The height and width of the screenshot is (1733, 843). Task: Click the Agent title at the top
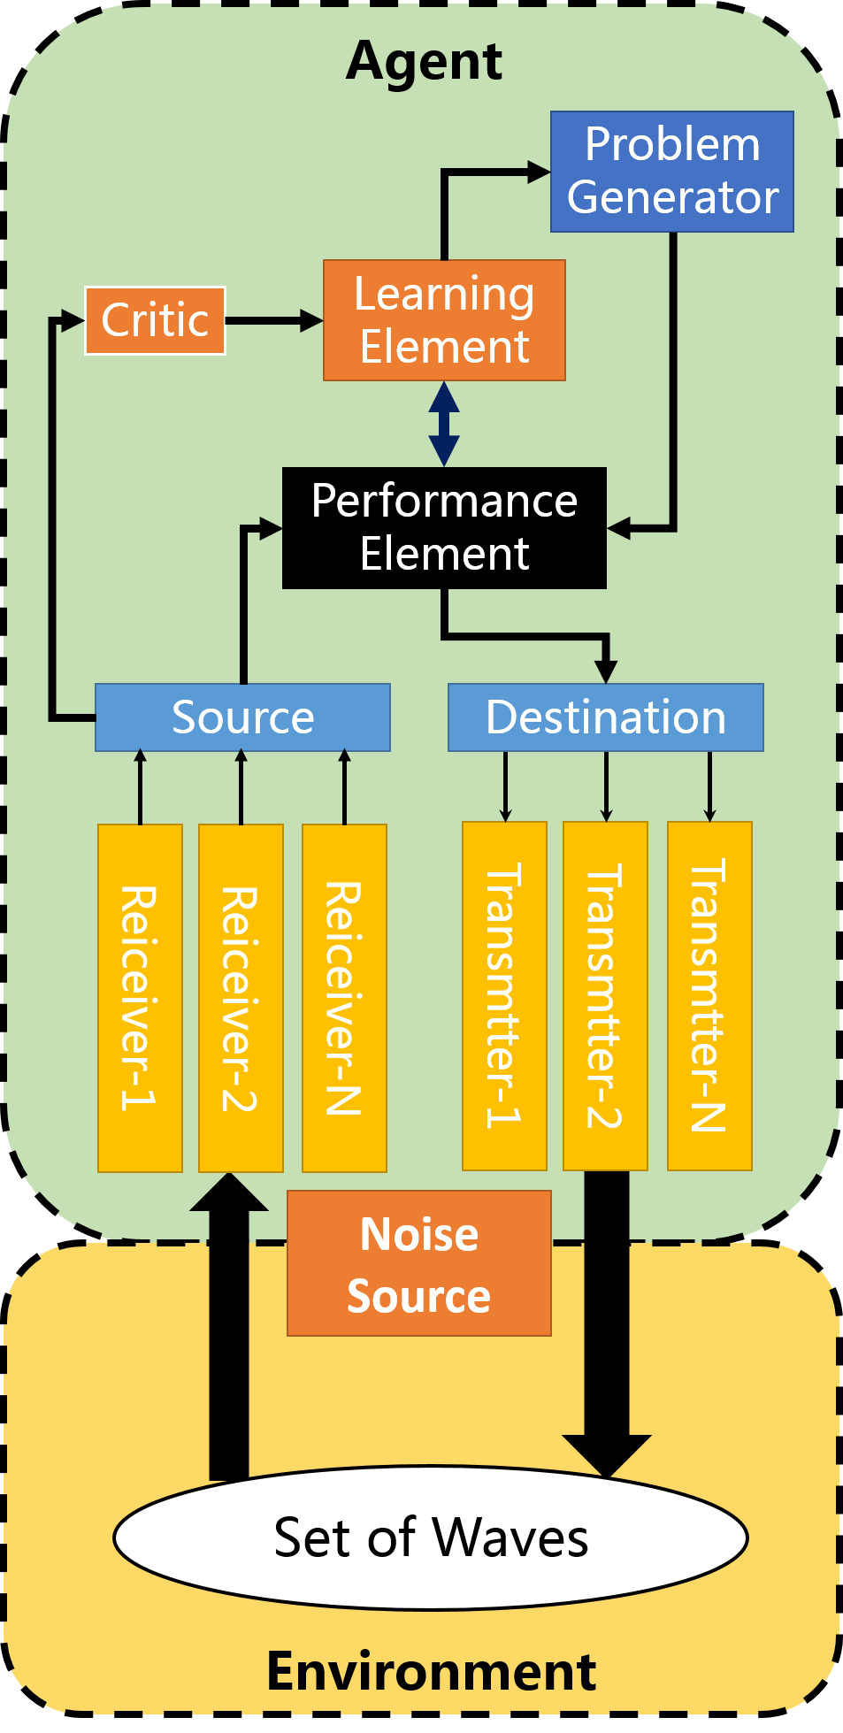click(424, 62)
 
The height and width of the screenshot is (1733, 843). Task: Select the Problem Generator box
click(671, 172)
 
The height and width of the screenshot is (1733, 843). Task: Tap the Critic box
click(155, 320)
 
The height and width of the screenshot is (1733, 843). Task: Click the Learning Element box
click(444, 320)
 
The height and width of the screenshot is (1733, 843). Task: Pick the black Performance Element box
click(444, 528)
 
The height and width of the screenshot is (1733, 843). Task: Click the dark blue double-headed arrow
click(444, 424)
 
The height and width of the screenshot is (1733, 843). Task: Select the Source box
click(242, 717)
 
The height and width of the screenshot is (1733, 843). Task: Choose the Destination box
click(605, 717)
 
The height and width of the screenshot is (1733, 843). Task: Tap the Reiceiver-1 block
click(140, 998)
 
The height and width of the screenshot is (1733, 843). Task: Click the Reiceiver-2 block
click(241, 998)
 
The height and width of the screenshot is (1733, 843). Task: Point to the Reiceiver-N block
click(344, 998)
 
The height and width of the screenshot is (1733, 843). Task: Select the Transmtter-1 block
click(504, 996)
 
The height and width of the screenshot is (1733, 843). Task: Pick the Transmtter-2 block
click(605, 996)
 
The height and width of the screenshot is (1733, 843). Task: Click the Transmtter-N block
click(709, 996)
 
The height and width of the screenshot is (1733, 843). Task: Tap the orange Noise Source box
click(418, 1263)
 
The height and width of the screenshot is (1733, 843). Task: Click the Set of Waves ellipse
click(431, 1537)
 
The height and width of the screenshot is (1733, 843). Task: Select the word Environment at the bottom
click(431, 1672)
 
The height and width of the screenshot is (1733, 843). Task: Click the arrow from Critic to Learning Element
click(274, 320)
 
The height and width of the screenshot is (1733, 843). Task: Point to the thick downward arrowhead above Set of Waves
click(607, 1454)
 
